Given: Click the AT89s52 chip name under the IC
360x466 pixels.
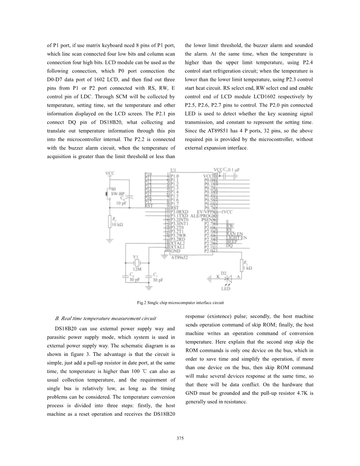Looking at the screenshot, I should tap(180, 257).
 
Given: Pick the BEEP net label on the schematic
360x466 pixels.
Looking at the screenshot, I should tap(232, 241).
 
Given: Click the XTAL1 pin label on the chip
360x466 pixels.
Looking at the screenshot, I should tap(178, 247).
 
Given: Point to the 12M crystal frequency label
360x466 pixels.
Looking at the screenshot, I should tap(137, 269).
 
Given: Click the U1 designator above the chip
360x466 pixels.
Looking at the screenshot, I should tap(174, 170).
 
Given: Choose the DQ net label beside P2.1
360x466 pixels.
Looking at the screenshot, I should tap(229, 245).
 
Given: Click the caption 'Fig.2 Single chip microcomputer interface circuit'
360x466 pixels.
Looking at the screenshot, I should tap(180, 303).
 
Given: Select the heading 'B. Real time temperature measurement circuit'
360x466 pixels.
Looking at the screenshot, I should tap(106, 318).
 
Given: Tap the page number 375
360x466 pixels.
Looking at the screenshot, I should tap(180, 438).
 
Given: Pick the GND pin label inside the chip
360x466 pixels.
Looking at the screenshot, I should tap(175, 251).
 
